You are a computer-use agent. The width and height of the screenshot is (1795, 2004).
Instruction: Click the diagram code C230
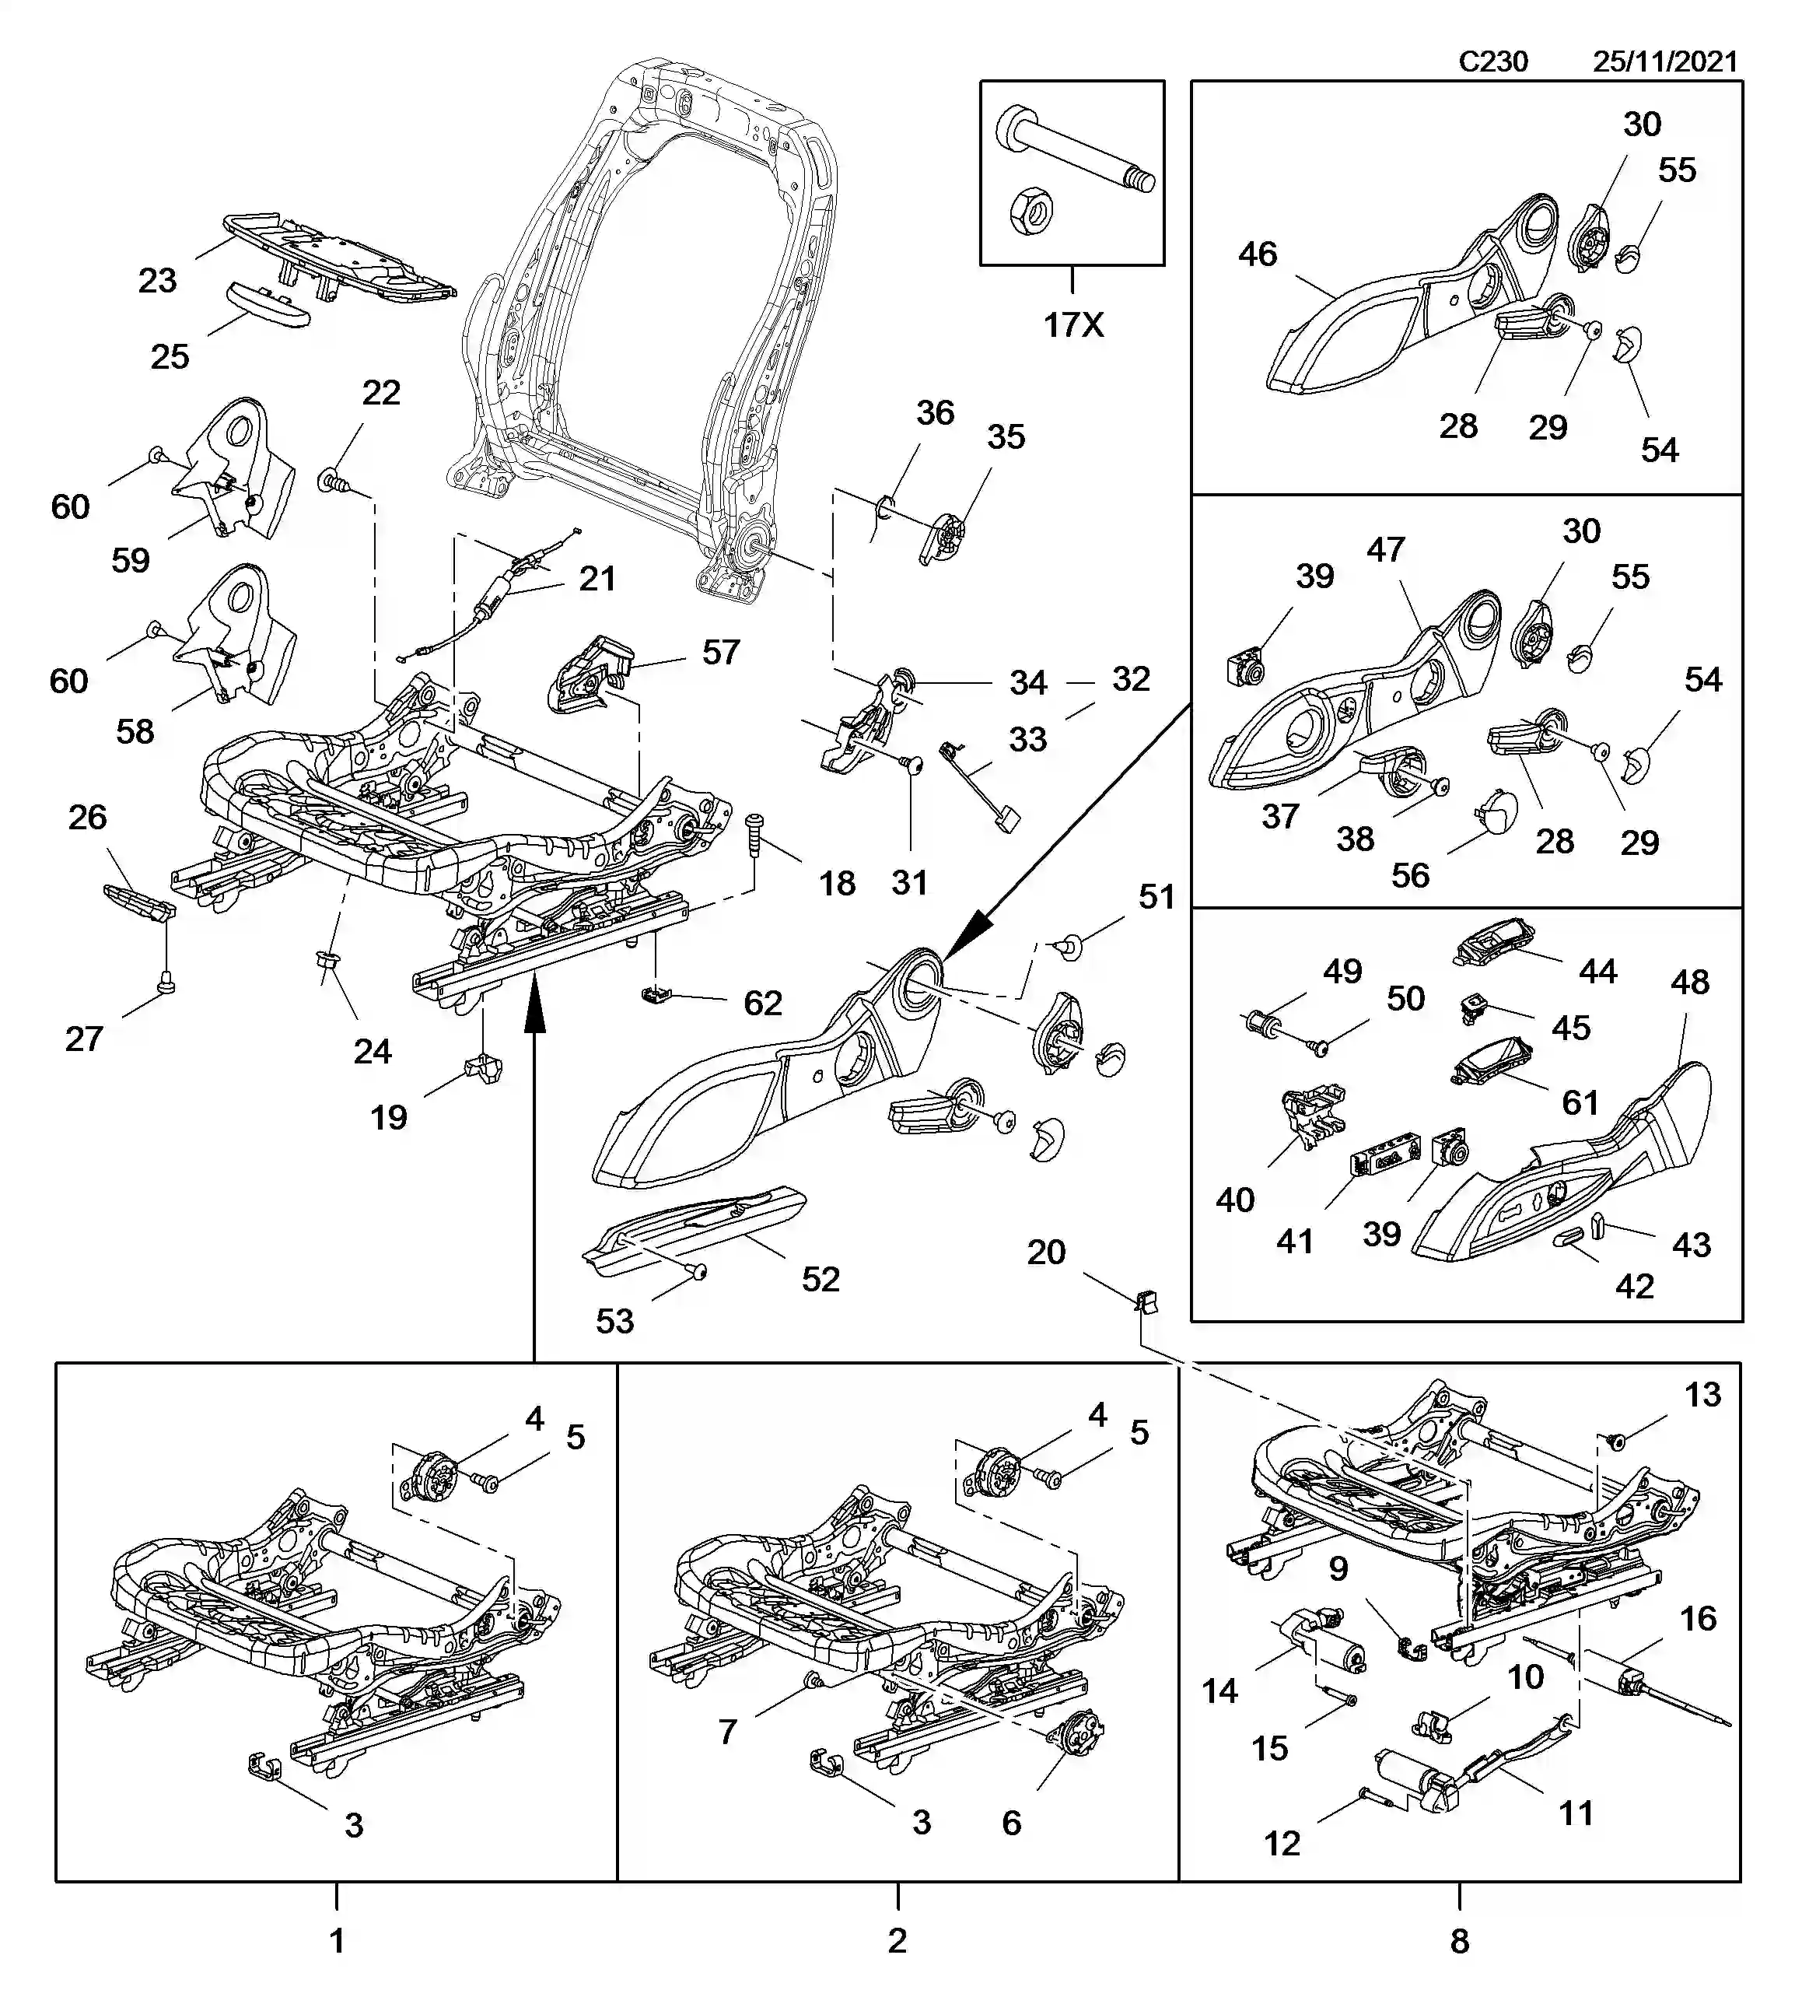coord(1492,61)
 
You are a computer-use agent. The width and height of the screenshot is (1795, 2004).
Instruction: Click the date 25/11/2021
coord(1665,61)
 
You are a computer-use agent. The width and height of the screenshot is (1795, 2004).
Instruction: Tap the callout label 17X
coord(1073,324)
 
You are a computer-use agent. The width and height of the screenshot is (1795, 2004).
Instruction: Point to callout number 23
coord(157,281)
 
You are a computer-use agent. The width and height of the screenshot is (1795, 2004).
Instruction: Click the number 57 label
coord(720,652)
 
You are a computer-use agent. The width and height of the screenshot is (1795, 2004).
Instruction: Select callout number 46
coord(1258,254)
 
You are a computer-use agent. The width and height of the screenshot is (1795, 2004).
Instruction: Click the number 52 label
coord(820,1279)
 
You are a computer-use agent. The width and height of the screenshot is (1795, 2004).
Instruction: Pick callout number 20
coord(1045,1252)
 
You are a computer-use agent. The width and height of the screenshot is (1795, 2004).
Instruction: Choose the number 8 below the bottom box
coord(1459,1942)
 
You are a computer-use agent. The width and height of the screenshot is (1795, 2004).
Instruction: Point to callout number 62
coord(762,1004)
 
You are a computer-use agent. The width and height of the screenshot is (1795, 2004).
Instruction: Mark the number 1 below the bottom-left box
coord(336,1942)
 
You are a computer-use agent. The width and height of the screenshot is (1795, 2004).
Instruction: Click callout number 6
coord(1011,1824)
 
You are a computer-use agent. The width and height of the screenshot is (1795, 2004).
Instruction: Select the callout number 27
coord(84,1039)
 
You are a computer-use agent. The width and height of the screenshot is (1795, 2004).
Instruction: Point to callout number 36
coord(934,412)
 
